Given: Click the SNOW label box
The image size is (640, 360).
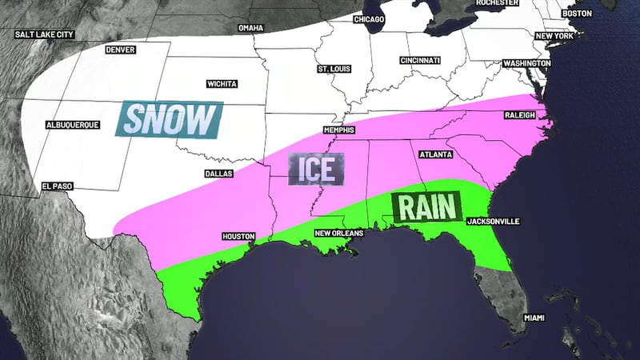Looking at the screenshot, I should (x=168, y=119).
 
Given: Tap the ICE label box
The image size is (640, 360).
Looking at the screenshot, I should (x=316, y=170).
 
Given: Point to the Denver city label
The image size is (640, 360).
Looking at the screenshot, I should (x=120, y=50).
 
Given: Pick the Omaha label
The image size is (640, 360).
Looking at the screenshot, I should (x=250, y=28).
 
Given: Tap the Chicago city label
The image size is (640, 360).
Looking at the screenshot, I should (x=369, y=18).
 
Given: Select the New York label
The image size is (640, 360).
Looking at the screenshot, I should (x=554, y=37).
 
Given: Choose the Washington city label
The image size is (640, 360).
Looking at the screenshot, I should (x=526, y=62).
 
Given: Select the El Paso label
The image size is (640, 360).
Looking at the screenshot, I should (x=58, y=186).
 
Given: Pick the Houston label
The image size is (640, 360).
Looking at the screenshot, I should (x=238, y=237).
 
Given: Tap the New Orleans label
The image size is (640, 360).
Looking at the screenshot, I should (x=339, y=233).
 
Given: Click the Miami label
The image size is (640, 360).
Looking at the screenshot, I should (x=534, y=318).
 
